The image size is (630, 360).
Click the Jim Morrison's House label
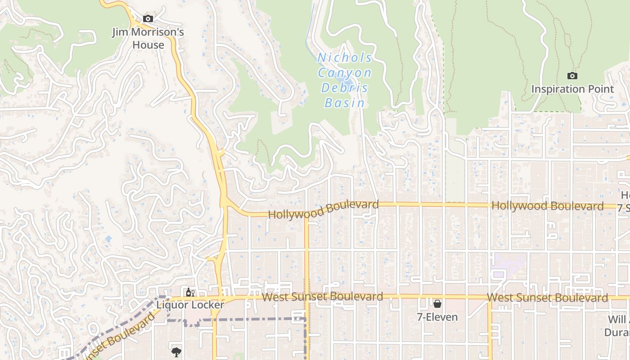pyautogui.click(x=148, y=39)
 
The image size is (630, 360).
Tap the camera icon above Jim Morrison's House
pyautogui.click(x=148, y=18)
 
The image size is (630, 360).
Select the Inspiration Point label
pyautogui.click(x=572, y=89)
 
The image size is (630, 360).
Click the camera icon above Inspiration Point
pyautogui.click(x=572, y=76)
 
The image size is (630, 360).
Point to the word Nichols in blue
pyautogui.click(x=345, y=58)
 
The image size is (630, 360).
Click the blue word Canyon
pyautogui.click(x=345, y=73)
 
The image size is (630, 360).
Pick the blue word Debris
pyautogui.click(x=345, y=88)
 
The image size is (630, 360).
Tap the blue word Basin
pyautogui.click(x=345, y=103)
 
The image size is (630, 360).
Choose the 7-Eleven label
pyautogui.click(x=437, y=317)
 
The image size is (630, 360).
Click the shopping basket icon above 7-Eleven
pyautogui.click(x=437, y=304)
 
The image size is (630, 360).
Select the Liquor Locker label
pyautogui.click(x=190, y=305)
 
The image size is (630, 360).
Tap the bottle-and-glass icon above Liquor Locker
pyautogui.click(x=190, y=292)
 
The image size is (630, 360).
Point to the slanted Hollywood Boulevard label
pyautogui.click(x=323, y=210)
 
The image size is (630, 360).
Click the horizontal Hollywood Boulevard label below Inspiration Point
pyautogui.click(x=547, y=206)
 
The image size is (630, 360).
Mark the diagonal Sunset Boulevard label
pyautogui.click(x=119, y=335)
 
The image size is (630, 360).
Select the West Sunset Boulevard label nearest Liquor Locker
pyautogui.click(x=322, y=297)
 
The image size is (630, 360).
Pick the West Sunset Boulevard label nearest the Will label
pyautogui.click(x=547, y=298)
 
